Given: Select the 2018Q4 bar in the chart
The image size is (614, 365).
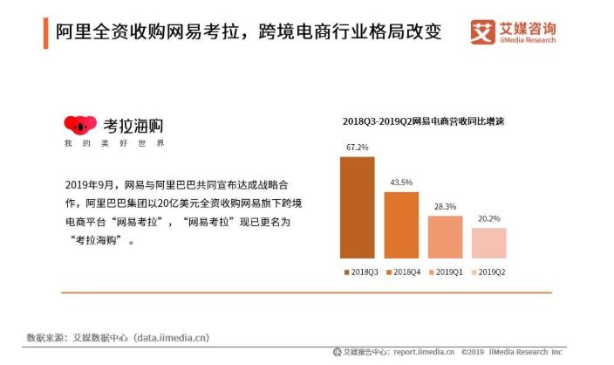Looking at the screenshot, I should tap(401, 224).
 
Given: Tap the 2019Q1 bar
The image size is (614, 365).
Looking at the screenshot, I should tap(445, 237).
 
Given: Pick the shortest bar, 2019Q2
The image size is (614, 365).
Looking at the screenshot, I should tap(488, 243).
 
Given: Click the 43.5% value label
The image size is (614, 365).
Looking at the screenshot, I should tap(401, 182).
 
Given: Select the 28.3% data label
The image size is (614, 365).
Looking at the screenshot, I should tap(445, 207).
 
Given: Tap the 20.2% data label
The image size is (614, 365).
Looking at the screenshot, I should tap(488, 219).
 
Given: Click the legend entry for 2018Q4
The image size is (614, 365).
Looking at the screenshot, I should tap(406, 272).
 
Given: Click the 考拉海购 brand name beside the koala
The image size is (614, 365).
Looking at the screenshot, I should tap(133, 125).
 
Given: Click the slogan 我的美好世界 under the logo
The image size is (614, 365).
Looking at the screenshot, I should tap(113, 143).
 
